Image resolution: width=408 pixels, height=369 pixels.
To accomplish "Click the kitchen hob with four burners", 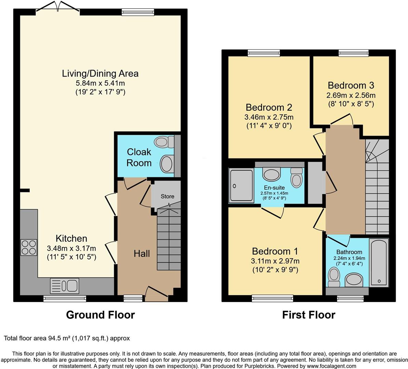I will coord(29,247).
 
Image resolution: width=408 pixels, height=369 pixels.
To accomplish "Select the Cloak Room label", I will coord(139,157).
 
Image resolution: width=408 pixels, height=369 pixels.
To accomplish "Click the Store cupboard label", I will coord(167,196).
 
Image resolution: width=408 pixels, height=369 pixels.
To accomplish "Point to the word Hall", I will coord(142,254).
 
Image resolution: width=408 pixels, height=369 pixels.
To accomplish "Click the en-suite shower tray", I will coord(241,186).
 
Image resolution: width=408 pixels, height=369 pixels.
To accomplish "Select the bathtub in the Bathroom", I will coord(379,262).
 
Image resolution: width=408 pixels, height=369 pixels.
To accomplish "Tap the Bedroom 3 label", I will coord(351,85).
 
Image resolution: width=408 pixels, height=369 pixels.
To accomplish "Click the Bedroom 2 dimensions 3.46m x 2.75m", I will coord(269,117).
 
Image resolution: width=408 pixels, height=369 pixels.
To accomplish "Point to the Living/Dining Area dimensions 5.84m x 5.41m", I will coord(100,83).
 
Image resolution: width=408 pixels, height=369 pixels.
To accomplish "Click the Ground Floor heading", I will coord(100,315).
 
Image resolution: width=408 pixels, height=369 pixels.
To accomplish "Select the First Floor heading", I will coord(308,315).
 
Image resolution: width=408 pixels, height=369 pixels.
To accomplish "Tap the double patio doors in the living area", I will coord(58,9).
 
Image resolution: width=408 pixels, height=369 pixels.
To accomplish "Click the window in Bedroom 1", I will coord(272,298).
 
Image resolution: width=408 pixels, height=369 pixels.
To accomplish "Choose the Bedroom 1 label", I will coord(275,251).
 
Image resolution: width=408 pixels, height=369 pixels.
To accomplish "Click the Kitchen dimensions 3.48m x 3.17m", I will coord(71,248).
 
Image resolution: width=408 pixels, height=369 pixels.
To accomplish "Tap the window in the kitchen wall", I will coord(65,299).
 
